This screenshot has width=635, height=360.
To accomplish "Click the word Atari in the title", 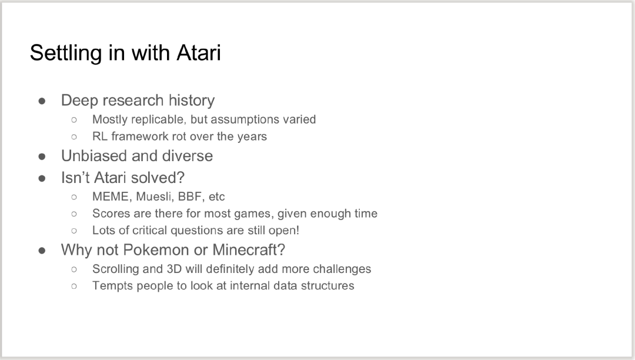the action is coord(199,52).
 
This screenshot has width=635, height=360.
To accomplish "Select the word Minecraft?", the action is coord(249,250).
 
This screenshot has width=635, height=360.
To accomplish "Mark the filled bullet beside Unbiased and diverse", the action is coord(42,156).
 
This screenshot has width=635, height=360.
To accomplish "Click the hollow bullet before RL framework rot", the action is coord(73,137).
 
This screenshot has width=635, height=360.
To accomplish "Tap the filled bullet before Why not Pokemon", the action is coord(42,250).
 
